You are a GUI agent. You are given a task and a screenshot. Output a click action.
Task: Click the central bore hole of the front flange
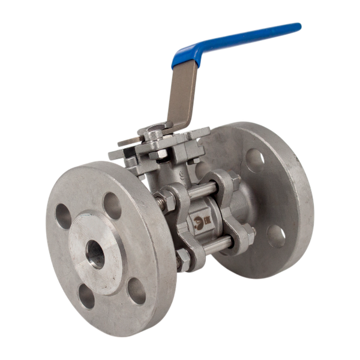(x=94, y=255)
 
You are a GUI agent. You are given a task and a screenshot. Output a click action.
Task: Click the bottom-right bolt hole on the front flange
(x=137, y=290)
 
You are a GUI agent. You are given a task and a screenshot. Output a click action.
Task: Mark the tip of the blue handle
(x=297, y=27)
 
